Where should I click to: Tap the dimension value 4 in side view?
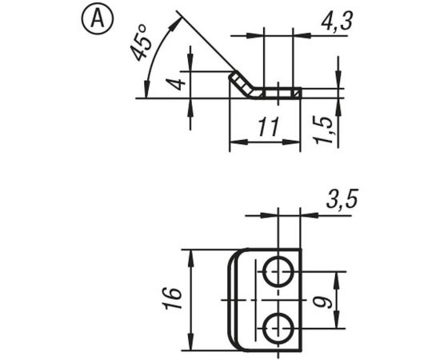[x=178, y=80]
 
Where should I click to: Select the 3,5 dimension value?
[x=339, y=201]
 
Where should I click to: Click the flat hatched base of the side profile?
[x=280, y=94]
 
